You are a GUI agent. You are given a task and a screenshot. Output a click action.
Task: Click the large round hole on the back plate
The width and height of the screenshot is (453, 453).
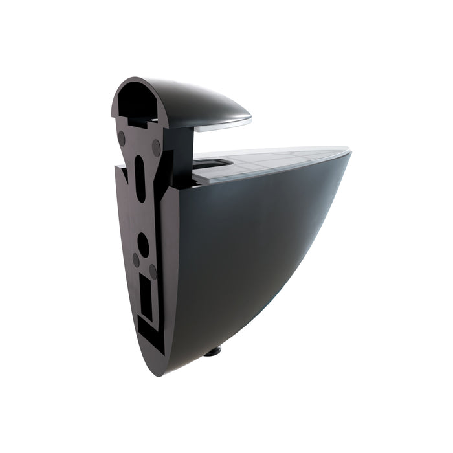point(143,245)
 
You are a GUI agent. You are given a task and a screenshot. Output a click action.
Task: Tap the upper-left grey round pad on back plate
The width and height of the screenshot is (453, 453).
point(122,138)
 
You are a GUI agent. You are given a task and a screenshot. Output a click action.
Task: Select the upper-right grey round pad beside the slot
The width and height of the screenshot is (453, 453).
point(157,147)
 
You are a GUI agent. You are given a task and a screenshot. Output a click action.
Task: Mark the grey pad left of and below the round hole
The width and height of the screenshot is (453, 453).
point(136,259)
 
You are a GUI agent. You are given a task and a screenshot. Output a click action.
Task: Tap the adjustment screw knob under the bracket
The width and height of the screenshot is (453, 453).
point(213,351)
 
